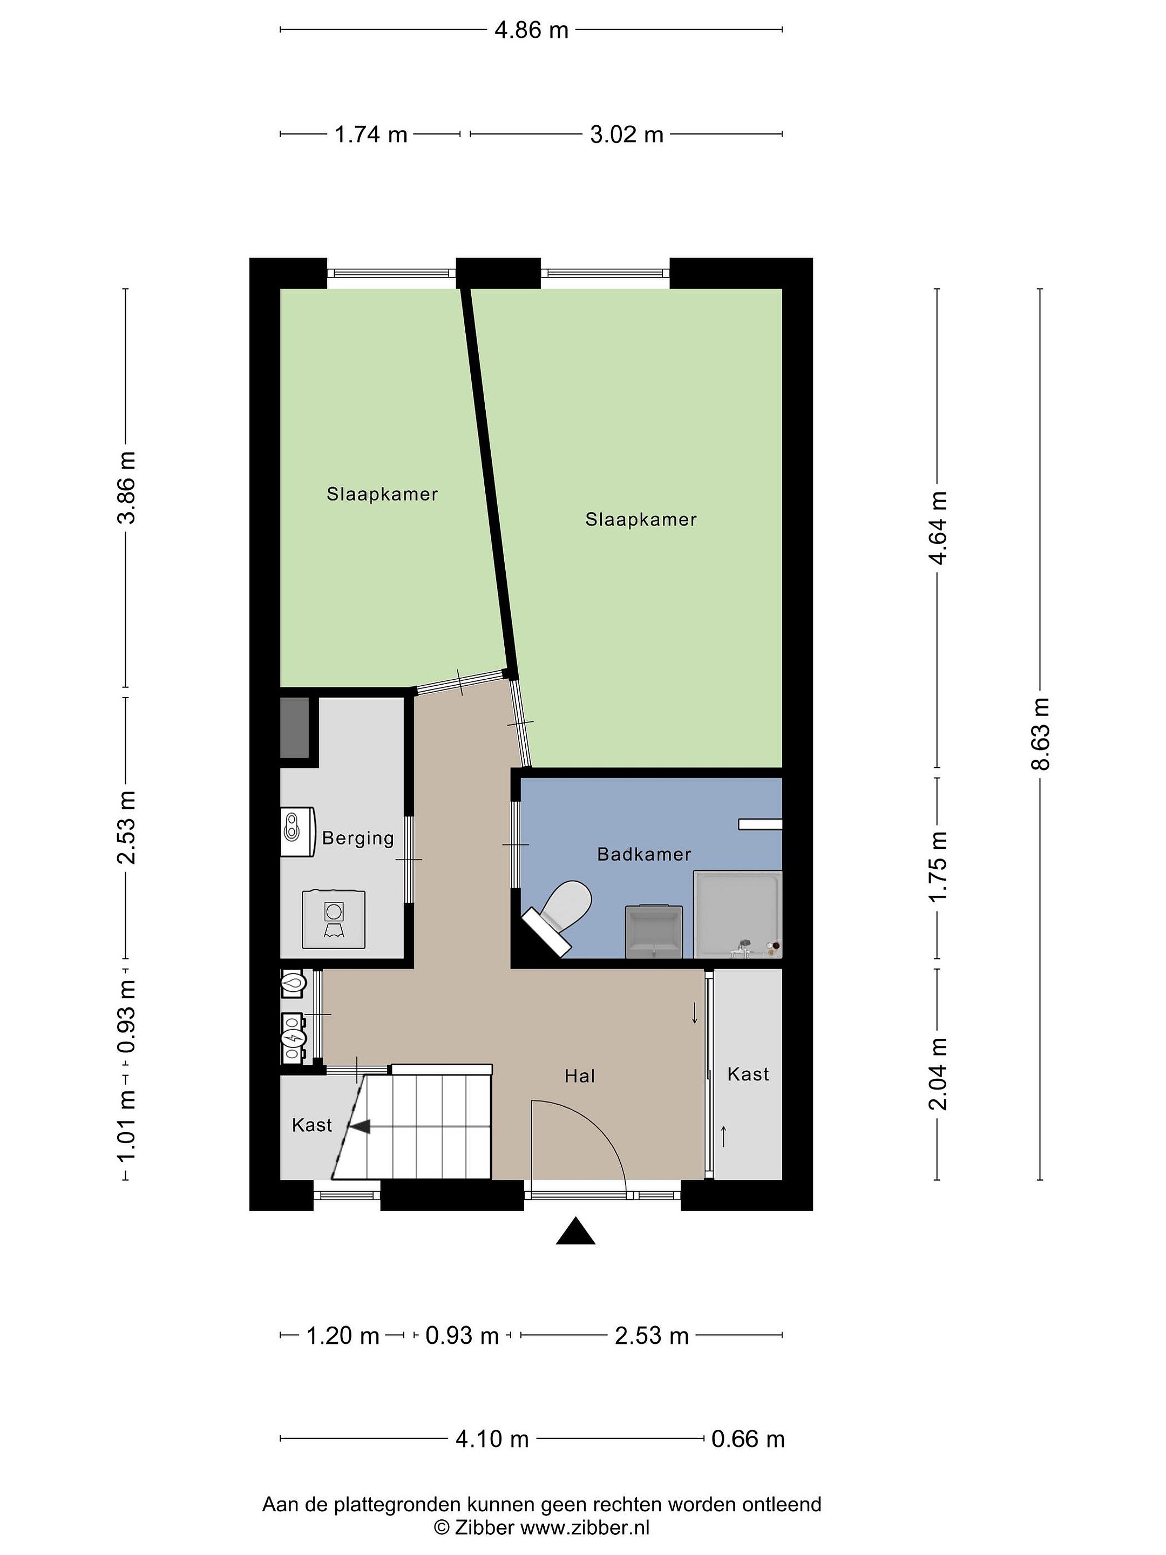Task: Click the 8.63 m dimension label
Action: (x=1040, y=734)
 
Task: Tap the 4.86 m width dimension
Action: (x=531, y=30)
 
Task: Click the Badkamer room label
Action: (x=644, y=854)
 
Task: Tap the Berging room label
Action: (x=358, y=838)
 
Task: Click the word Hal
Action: (x=580, y=1076)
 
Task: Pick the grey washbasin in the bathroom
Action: (x=654, y=931)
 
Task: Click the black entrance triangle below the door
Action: (x=575, y=1231)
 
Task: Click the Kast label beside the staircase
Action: (x=312, y=1125)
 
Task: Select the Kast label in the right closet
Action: (x=748, y=1074)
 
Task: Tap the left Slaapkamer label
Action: (x=382, y=494)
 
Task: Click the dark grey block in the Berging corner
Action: (x=295, y=728)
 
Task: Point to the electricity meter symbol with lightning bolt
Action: (x=293, y=1036)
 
